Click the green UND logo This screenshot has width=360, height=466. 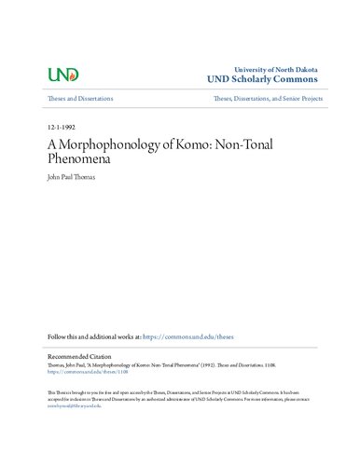(x=62, y=74)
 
